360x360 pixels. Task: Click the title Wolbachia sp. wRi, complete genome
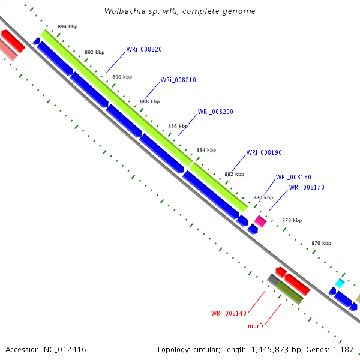(179, 11)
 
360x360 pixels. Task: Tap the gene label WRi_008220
(144, 50)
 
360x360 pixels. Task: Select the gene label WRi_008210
(178, 80)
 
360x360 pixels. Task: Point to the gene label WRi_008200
(215, 112)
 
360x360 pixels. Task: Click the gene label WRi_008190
(264, 153)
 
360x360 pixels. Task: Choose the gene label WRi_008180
(293, 178)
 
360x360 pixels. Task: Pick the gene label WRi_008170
(307, 188)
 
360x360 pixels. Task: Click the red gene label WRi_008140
(229, 313)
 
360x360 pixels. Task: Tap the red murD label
(256, 326)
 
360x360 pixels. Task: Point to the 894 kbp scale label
(67, 26)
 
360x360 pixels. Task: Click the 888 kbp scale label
(150, 102)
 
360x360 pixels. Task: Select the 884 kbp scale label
(206, 150)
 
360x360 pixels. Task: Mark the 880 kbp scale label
(263, 197)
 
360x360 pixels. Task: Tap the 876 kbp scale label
(321, 243)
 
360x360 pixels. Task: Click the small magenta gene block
(260, 221)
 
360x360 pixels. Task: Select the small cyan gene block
(340, 283)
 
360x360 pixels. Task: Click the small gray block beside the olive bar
(274, 279)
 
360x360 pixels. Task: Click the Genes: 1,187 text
(334, 349)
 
